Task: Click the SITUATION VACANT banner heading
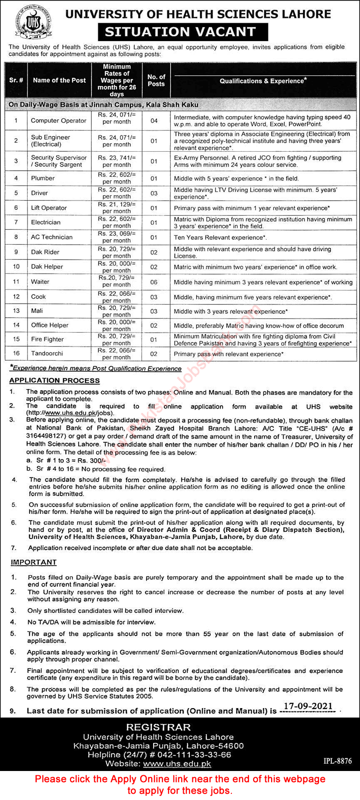click(180, 32)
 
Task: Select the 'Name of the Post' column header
click(59, 80)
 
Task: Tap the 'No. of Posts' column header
click(156, 80)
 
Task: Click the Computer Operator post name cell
click(58, 120)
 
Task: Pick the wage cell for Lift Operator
click(116, 208)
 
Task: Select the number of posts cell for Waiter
click(154, 282)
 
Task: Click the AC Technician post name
click(52, 237)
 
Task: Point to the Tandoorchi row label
click(47, 353)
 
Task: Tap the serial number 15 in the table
click(16, 339)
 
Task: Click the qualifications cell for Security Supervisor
click(258, 161)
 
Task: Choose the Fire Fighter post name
click(47, 339)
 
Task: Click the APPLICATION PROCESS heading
click(54, 380)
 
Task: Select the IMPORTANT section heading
click(34, 562)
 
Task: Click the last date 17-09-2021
click(309, 706)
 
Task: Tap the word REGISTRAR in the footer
click(158, 727)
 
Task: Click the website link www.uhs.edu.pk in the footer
click(177, 764)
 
